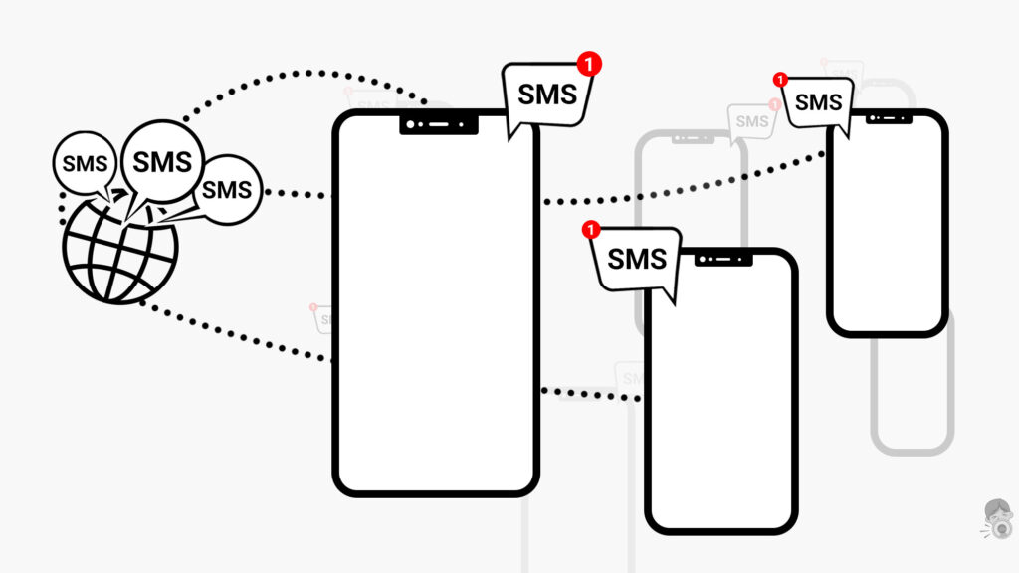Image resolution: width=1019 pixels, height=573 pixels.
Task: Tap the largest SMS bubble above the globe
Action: pos(162,160)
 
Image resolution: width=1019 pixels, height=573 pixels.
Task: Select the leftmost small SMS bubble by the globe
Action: pos(85,165)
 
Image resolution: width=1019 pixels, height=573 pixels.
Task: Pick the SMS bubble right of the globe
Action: pos(227,188)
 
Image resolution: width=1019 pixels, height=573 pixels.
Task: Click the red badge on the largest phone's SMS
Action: pos(590,64)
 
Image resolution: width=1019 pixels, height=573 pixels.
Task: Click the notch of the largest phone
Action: pos(437,124)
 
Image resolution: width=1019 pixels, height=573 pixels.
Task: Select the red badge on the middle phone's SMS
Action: pos(591,230)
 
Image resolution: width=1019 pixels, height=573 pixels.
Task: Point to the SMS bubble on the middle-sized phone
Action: pos(636,261)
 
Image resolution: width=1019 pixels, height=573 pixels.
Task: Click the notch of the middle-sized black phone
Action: pos(723,259)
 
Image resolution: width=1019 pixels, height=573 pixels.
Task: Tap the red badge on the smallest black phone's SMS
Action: pos(781,79)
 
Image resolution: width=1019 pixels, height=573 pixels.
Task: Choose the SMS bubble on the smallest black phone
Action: pos(818,102)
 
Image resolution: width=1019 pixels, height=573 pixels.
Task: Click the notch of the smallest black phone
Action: pos(888,118)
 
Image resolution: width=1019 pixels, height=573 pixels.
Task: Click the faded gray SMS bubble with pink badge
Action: pos(752,120)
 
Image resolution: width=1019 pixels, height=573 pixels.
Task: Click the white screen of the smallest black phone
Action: pos(887,229)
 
